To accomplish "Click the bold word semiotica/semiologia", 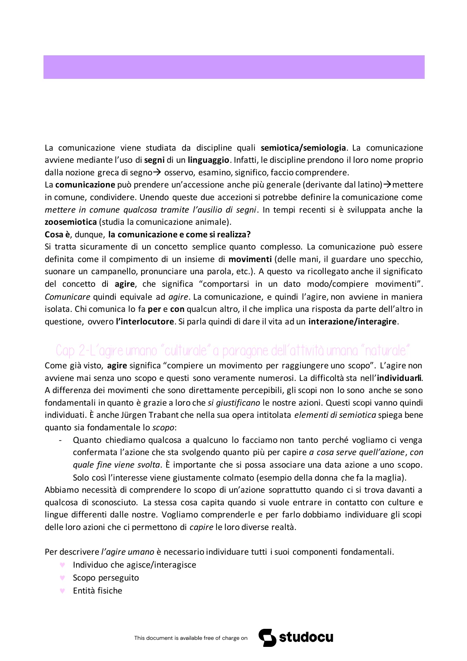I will point(303,148).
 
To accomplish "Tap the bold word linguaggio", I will point(208,160).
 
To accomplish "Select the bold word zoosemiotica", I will point(71,222).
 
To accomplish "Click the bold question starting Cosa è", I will point(147,235).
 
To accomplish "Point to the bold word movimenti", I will point(250,259).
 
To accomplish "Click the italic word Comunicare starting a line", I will point(67,297).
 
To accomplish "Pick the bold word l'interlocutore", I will point(145,322).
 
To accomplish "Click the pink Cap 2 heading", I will point(233,350).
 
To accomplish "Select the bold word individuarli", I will point(399,378).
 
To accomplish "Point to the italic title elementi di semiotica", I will point(335,415).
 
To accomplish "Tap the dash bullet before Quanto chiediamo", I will point(60,440).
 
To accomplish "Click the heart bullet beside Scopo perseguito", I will point(62,578).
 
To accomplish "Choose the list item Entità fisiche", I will point(97,591).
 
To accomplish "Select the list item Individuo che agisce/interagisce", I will point(134,565).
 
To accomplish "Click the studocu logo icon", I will point(267,637).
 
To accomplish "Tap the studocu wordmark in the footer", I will point(306,637).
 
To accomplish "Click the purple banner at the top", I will point(234,67).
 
